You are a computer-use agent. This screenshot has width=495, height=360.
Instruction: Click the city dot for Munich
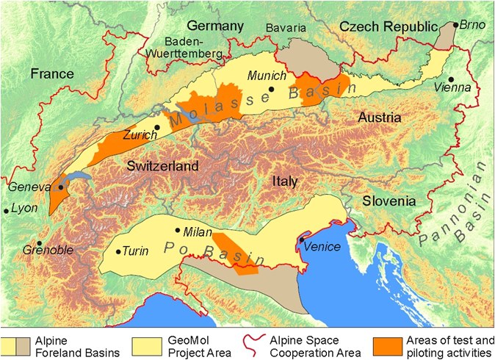(x=271, y=89)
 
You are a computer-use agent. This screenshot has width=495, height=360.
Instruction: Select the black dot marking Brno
(x=456, y=25)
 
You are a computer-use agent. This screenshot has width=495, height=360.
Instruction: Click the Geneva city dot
(x=60, y=187)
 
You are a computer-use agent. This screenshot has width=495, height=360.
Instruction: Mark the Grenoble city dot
(x=39, y=243)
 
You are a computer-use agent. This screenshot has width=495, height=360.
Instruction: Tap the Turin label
(x=136, y=251)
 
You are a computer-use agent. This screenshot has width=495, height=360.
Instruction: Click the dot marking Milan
(x=177, y=230)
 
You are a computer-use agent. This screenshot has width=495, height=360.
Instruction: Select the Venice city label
(x=323, y=246)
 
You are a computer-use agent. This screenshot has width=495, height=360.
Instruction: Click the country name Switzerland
(x=162, y=166)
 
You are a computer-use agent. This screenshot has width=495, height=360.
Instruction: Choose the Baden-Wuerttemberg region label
(x=193, y=48)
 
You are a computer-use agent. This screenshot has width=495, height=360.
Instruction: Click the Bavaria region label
(x=286, y=27)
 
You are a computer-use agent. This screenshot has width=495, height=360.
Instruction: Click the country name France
(x=52, y=73)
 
